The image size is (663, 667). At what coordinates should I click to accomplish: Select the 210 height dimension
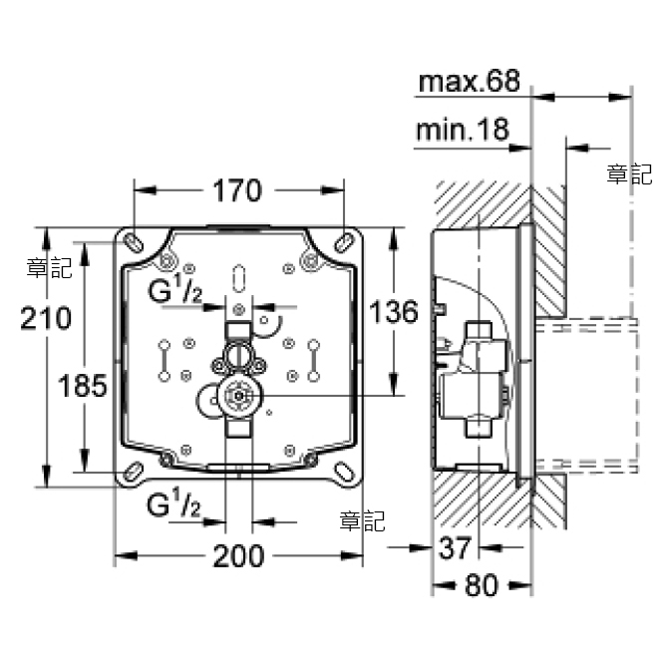coord(47,319)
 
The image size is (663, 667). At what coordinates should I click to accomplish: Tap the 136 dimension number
coord(390,312)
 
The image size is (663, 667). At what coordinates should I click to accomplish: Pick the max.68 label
coord(469,82)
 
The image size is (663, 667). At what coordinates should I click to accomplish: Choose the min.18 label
coord(464,130)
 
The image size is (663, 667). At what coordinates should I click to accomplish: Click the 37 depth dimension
coord(455,546)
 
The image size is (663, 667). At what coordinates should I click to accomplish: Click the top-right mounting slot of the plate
coord(343,240)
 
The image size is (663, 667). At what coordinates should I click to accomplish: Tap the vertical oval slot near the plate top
coord(239,275)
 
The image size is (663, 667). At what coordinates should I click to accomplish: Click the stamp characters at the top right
coord(629,175)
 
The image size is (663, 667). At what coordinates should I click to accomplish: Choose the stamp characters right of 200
coord(361,520)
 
